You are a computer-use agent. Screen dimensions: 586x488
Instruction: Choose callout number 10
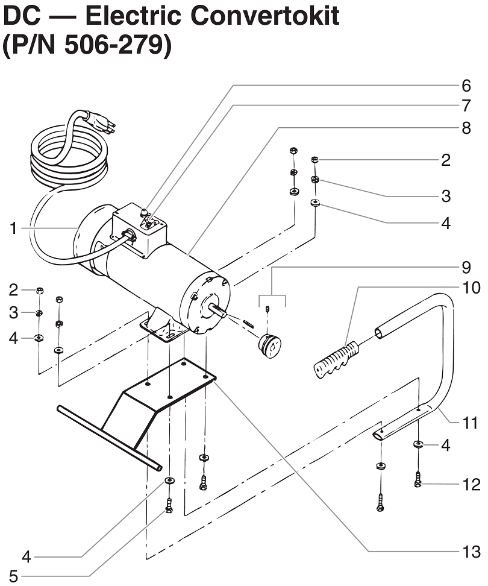[472, 288]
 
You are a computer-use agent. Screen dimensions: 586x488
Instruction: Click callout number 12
[472, 484]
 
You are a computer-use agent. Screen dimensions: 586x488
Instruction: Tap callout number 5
[13, 576]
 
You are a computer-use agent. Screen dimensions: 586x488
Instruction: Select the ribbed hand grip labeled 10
[335, 358]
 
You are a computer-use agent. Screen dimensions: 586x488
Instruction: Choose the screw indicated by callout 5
[169, 506]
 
